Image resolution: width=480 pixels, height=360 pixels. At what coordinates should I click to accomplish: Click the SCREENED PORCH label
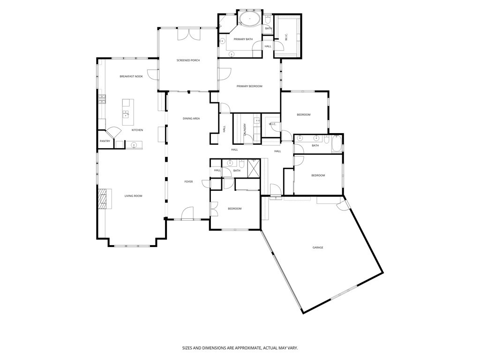tap(188, 60)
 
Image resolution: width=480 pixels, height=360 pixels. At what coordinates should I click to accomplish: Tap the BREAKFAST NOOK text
tap(131, 76)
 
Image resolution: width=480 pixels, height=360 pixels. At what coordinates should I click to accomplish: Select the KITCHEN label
tap(137, 130)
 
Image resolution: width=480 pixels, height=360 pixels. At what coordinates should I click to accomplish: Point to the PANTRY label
tap(105, 141)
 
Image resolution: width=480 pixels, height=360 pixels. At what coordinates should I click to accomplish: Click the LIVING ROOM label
tap(133, 196)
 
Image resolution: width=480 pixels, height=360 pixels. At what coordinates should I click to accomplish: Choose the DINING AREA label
tap(191, 119)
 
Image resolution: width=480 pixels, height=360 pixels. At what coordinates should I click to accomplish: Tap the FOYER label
tap(188, 181)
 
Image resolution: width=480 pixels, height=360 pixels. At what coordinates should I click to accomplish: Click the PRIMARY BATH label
tap(243, 39)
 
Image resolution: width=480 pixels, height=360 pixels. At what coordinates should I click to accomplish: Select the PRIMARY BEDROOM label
tap(249, 86)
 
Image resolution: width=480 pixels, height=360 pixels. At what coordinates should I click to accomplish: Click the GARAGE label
tap(318, 247)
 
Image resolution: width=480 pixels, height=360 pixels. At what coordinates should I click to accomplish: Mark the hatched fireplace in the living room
tap(102, 198)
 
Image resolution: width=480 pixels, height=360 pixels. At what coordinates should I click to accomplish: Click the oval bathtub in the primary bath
tap(249, 20)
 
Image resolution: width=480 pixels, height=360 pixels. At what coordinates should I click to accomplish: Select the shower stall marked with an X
tap(254, 167)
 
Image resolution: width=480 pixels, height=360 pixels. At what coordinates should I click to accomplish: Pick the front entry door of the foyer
tap(187, 213)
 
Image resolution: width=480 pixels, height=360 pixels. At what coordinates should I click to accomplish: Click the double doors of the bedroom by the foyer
tap(213, 208)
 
